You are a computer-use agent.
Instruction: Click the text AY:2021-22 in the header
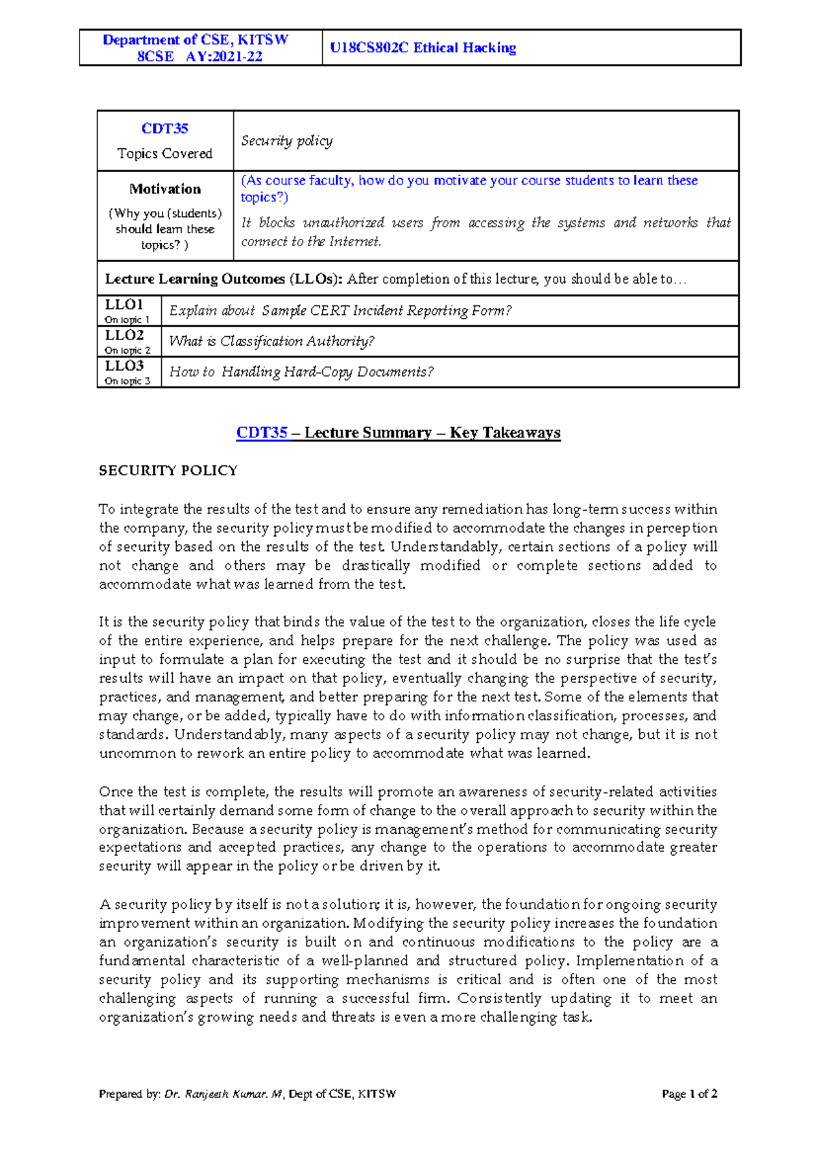coord(224,56)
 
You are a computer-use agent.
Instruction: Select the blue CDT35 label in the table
coord(165,129)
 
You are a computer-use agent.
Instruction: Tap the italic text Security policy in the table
coord(286,141)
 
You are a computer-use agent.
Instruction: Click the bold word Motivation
coord(165,188)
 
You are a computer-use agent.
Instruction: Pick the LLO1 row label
coord(124,304)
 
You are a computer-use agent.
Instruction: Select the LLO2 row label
coord(124,335)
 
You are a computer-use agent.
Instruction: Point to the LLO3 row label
coord(124,365)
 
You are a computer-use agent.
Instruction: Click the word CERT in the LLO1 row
coord(330,310)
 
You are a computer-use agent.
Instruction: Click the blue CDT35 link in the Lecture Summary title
coord(262,433)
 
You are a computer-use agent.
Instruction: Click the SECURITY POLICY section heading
coord(168,471)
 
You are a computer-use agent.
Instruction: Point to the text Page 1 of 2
coord(690,1094)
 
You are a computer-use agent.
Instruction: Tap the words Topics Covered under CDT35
coord(165,154)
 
